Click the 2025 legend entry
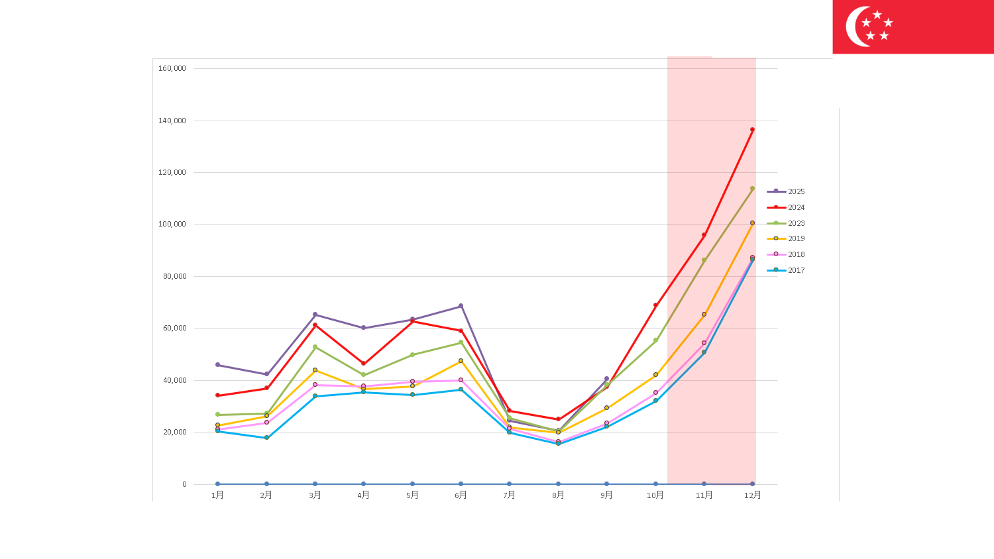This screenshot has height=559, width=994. point(796,191)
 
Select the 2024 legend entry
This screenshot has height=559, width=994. point(796,207)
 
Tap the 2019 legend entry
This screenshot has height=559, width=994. point(796,238)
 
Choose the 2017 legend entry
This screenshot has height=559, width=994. point(796,270)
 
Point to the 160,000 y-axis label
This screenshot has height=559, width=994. point(172,68)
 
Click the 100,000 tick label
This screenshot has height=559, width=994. point(172,224)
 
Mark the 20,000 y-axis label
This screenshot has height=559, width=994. point(175,432)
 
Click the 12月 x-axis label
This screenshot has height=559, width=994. point(752,495)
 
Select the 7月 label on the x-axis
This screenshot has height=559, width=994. point(509,495)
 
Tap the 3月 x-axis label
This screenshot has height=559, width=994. point(315,495)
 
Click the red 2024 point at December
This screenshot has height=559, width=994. point(752,130)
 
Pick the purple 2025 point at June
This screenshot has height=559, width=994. point(461,306)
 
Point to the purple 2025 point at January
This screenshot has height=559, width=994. point(217,365)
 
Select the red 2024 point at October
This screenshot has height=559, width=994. point(655,305)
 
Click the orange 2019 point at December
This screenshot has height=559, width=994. point(752,223)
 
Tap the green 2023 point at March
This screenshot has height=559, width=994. point(315,347)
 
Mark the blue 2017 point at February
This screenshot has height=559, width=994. point(266,438)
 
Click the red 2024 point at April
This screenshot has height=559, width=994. point(363,364)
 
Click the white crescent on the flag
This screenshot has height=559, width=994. point(855,26)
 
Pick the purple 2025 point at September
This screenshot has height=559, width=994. point(606,379)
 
